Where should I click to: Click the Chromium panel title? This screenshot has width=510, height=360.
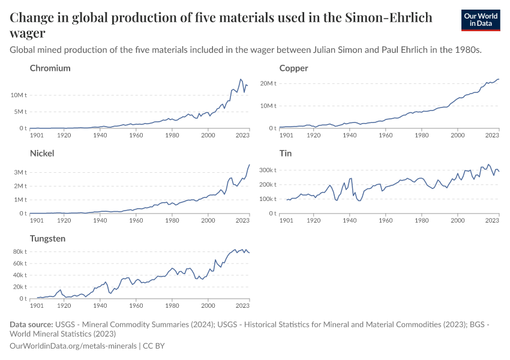50,68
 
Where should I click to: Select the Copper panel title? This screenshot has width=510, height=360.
293,68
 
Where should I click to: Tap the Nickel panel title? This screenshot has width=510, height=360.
42,154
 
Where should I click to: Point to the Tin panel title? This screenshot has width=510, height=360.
286,154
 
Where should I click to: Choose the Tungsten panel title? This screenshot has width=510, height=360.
49,239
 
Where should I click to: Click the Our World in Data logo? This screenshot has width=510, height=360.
480,20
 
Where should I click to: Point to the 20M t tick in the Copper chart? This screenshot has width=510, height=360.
268,83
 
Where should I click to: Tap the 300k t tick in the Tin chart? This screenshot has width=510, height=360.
266,170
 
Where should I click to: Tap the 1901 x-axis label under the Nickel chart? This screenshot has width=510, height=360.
37,220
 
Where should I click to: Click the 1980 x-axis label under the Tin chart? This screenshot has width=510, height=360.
421,220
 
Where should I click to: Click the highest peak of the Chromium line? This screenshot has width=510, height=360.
241,79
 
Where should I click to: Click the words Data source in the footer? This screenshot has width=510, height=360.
31,325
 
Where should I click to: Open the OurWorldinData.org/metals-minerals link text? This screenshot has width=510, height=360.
74,346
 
